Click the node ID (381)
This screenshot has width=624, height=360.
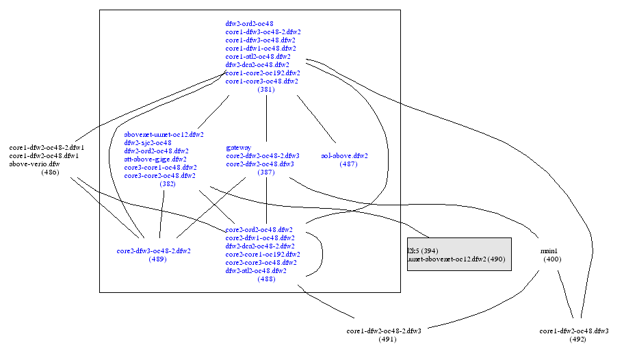click(x=266, y=90)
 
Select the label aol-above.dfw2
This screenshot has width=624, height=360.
click(x=344, y=155)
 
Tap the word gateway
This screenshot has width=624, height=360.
click(x=238, y=147)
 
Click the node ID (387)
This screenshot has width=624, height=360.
click(x=266, y=172)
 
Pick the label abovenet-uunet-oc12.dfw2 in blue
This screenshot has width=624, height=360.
click(x=164, y=134)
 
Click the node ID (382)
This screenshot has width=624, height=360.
click(x=168, y=184)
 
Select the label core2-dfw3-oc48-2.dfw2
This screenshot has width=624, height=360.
click(x=154, y=250)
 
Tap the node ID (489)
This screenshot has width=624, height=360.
click(x=157, y=259)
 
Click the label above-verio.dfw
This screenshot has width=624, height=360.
click(x=34, y=164)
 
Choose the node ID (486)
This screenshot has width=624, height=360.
click(x=50, y=172)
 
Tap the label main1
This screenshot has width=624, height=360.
click(x=549, y=251)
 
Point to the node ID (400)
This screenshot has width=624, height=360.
click(x=552, y=259)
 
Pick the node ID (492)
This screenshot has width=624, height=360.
click(x=577, y=339)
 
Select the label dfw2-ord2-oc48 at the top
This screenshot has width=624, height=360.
click(x=250, y=23)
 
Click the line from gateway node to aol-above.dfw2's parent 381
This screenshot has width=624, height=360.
click(x=266, y=118)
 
